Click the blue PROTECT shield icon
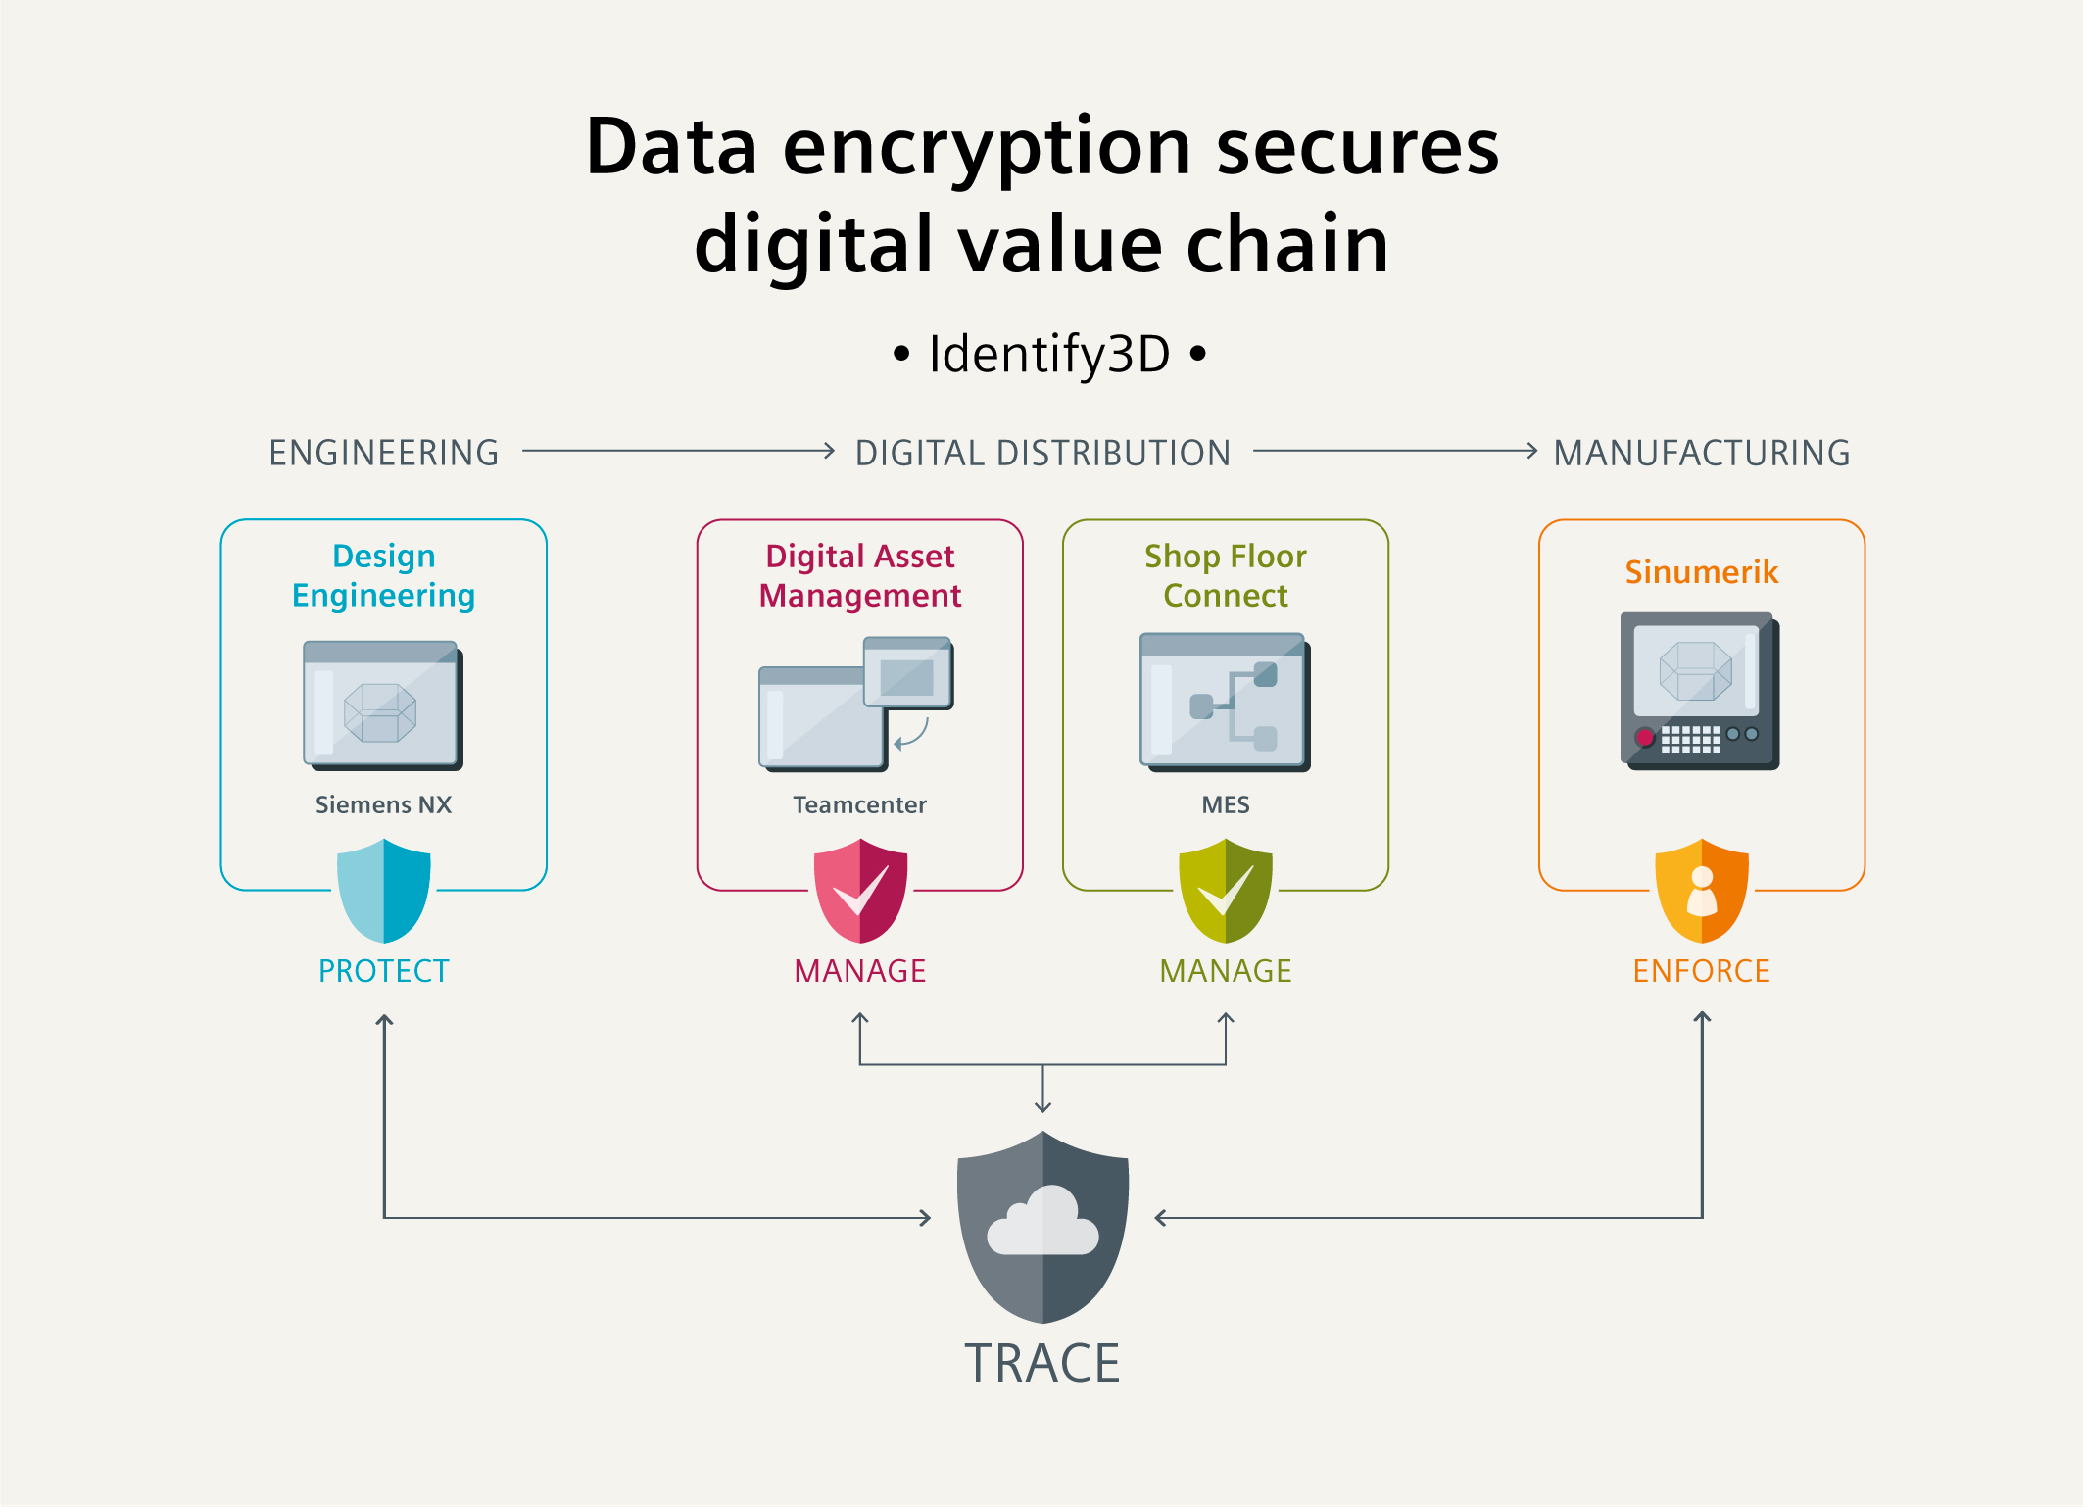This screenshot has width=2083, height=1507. (x=383, y=891)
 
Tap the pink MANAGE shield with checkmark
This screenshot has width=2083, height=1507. (x=860, y=891)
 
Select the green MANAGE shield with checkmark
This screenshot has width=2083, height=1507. (x=1226, y=891)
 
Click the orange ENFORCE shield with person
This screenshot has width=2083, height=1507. (x=1702, y=891)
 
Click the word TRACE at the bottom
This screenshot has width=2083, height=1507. (x=1042, y=1363)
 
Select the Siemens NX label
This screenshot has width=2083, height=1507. (x=383, y=804)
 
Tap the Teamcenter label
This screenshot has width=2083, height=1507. (x=859, y=804)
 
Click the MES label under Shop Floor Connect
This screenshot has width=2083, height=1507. (x=1226, y=804)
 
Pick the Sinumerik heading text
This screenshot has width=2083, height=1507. (x=1702, y=572)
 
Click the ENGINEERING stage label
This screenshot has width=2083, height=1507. (x=384, y=453)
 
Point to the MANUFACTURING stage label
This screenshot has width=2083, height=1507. (x=1702, y=453)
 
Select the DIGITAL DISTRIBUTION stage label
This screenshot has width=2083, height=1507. (x=1042, y=453)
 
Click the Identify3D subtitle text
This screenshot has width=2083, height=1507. (x=1049, y=354)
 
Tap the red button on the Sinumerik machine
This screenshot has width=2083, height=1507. (x=1645, y=737)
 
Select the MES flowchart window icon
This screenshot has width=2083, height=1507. (x=1225, y=702)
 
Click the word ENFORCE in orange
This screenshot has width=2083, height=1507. (x=1702, y=971)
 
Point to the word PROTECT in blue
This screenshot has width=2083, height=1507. (x=383, y=971)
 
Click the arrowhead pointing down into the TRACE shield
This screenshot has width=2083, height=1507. (x=1043, y=1106)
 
